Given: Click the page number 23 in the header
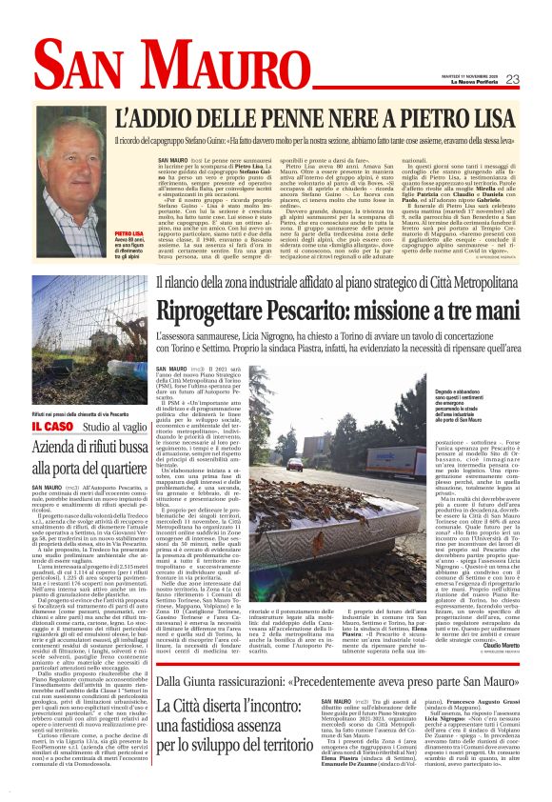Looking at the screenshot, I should (511, 79).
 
